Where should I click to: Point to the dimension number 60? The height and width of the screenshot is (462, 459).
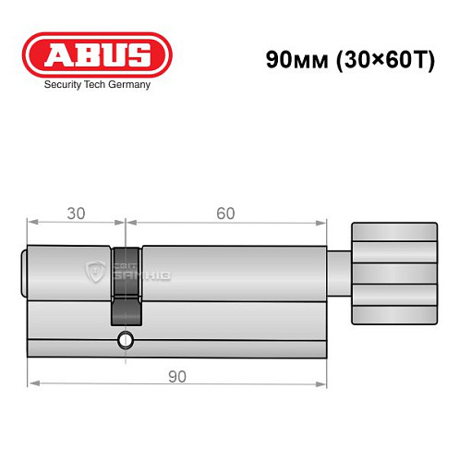pyautogui.click(x=224, y=213)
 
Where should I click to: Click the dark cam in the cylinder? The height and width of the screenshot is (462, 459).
pyautogui.click(x=126, y=282)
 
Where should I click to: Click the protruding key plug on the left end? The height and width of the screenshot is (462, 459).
pyautogui.click(x=25, y=274)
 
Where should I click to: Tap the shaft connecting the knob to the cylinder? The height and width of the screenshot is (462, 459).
pyautogui.click(x=341, y=274)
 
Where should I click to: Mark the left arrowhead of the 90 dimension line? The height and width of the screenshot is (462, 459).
pyautogui.click(x=31, y=382)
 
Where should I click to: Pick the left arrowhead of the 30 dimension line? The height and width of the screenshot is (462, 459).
pyautogui.click(x=31, y=222)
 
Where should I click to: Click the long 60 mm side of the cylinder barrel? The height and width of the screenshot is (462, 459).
pyautogui.click(x=231, y=296)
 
